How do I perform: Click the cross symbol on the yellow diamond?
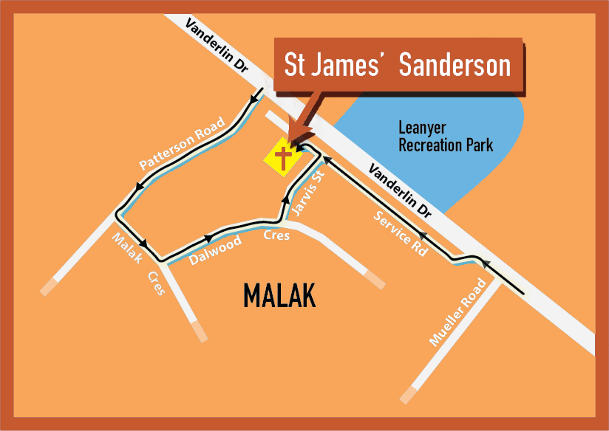click(282, 156)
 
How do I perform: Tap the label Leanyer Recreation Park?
click(445, 136)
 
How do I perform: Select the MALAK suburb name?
click(279, 297)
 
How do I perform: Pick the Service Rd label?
click(400, 233)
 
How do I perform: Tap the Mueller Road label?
click(458, 312)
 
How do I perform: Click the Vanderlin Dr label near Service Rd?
click(399, 190)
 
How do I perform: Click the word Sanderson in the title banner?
click(455, 65)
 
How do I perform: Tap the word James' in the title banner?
click(353, 65)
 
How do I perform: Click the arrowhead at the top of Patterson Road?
click(258, 95)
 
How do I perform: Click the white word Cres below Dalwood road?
click(277, 236)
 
